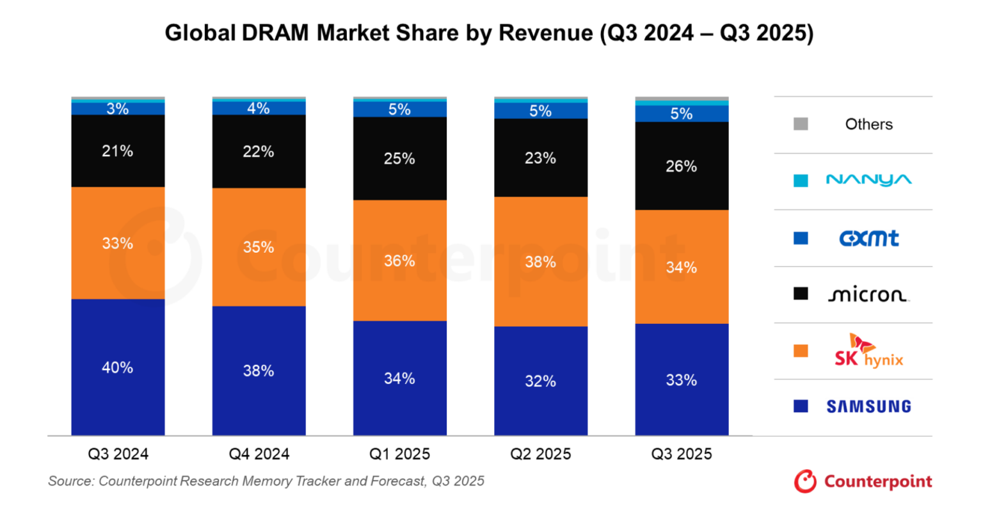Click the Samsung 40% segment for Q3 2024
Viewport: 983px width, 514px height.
pyautogui.click(x=118, y=367)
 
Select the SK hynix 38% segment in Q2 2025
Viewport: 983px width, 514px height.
pyautogui.click(x=541, y=261)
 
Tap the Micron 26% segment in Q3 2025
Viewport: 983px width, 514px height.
pyautogui.click(x=682, y=166)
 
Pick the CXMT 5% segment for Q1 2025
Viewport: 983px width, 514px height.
pyautogui.click(x=400, y=109)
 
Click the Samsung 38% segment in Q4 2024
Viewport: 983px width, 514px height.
pyautogui.click(x=259, y=371)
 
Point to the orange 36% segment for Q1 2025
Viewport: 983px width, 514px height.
pyautogui.click(x=400, y=261)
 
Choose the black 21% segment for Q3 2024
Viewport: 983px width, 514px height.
pyautogui.click(x=118, y=151)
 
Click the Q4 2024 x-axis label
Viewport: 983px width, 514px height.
pyautogui.click(x=259, y=454)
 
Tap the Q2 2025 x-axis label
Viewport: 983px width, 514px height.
pyautogui.click(x=541, y=454)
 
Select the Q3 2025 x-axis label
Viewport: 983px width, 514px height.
pyautogui.click(x=682, y=454)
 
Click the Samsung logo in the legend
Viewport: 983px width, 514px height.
pyautogui.click(x=868, y=406)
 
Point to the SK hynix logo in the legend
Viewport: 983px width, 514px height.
pyautogui.click(x=868, y=351)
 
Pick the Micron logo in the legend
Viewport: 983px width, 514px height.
pyautogui.click(x=868, y=294)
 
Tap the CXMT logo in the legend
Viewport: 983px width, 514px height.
pyautogui.click(x=868, y=238)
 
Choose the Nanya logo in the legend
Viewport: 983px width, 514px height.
pyautogui.click(x=868, y=180)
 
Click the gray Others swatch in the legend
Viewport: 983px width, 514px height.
pyautogui.click(x=801, y=124)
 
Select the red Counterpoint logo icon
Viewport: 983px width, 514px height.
pyautogui.click(x=805, y=481)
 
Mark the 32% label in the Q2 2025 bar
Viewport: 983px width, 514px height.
pyautogui.click(x=541, y=381)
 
